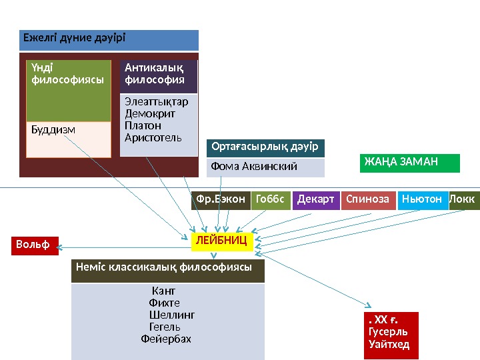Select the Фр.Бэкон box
pyautogui.click(x=221, y=199)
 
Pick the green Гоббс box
pyautogui.click(x=271, y=199)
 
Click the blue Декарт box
pyautogui.click(x=316, y=199)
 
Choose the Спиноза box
pyautogui.click(x=368, y=199)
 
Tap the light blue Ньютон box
pyautogui.click(x=423, y=199)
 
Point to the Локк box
pyautogui.click(x=465, y=199)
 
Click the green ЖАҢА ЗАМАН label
pyautogui.click(x=409, y=162)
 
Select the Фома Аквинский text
pyautogui.click(x=253, y=166)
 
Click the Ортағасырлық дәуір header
pyautogui.click(x=265, y=147)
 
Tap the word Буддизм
pyautogui.click(x=53, y=129)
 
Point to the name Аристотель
pyautogui.click(x=153, y=137)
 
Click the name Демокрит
pyautogui.click(x=150, y=113)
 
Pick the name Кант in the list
pyautogui.click(x=164, y=291)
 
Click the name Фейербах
pyautogui.click(x=166, y=339)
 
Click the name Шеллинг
pyautogui.click(x=172, y=315)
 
